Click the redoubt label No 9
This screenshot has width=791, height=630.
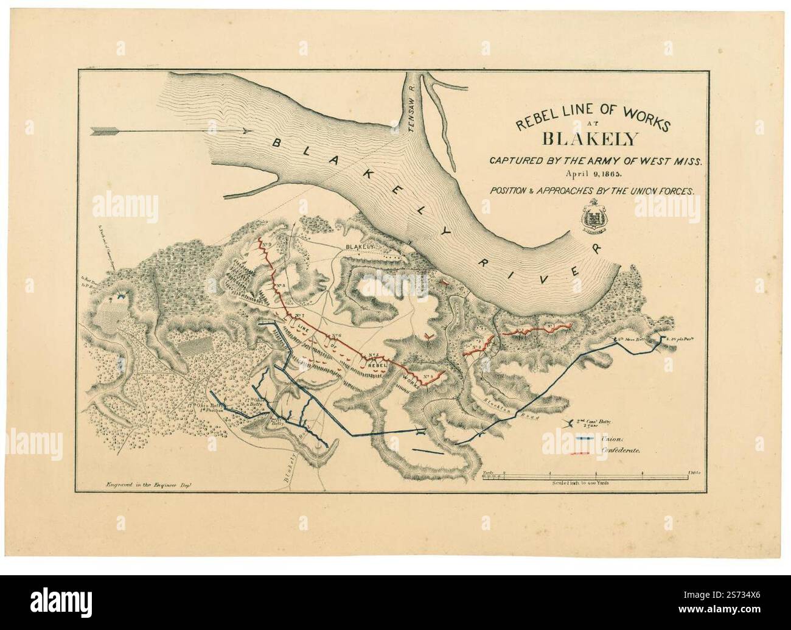tap(267, 245)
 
